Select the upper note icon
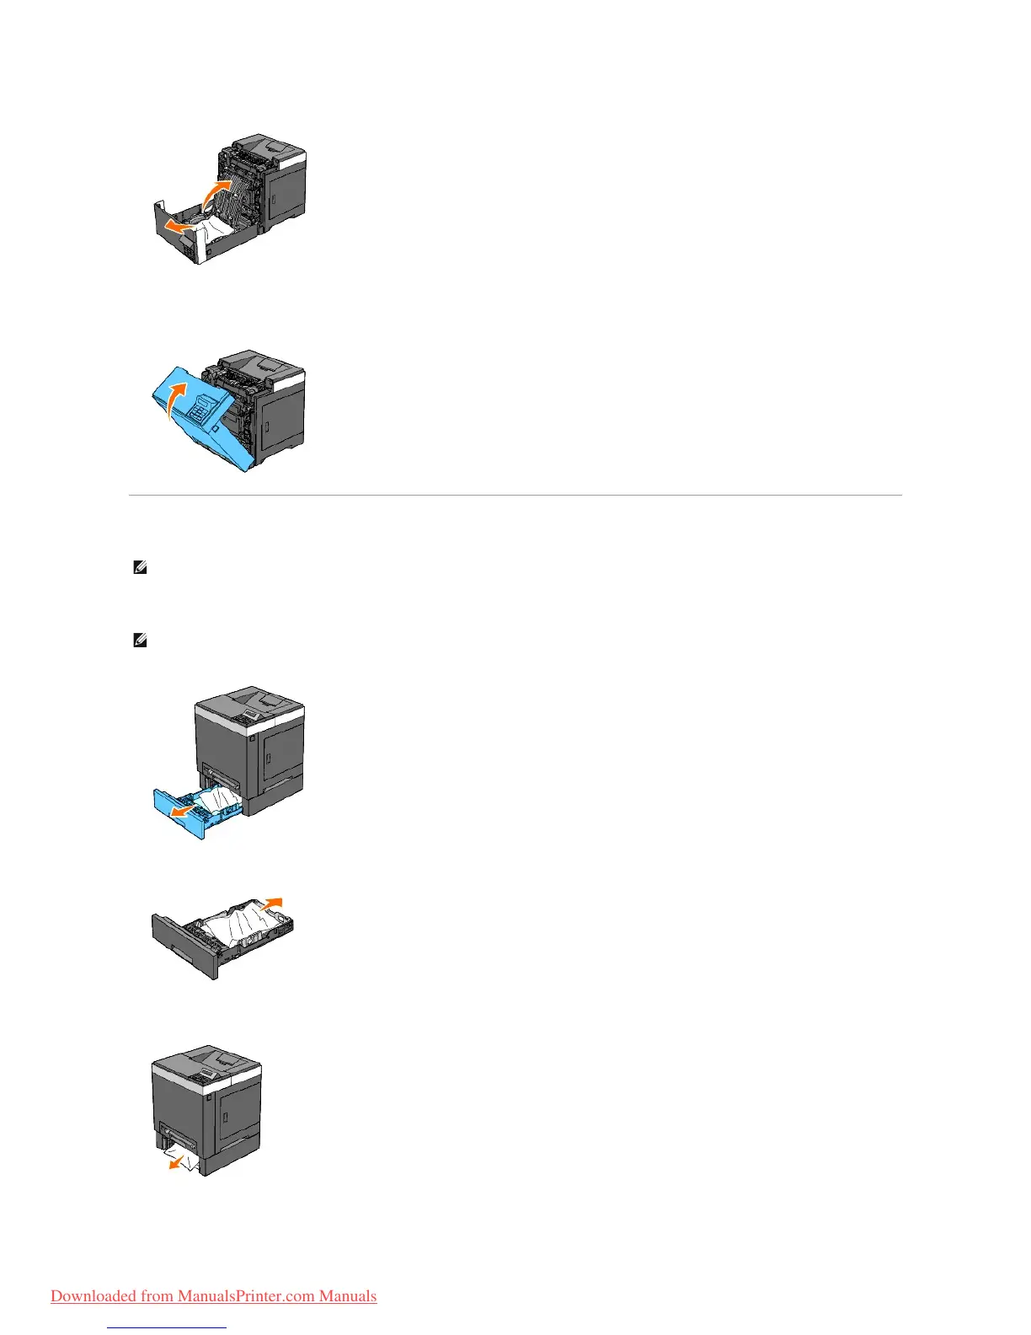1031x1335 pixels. pyautogui.click(x=141, y=569)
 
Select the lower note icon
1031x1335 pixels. pyautogui.click(x=141, y=641)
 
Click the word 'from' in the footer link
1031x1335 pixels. pyautogui.click(x=157, y=1296)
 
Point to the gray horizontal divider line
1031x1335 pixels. pyautogui.click(x=515, y=495)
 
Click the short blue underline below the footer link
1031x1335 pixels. pyautogui.click(x=168, y=1327)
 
